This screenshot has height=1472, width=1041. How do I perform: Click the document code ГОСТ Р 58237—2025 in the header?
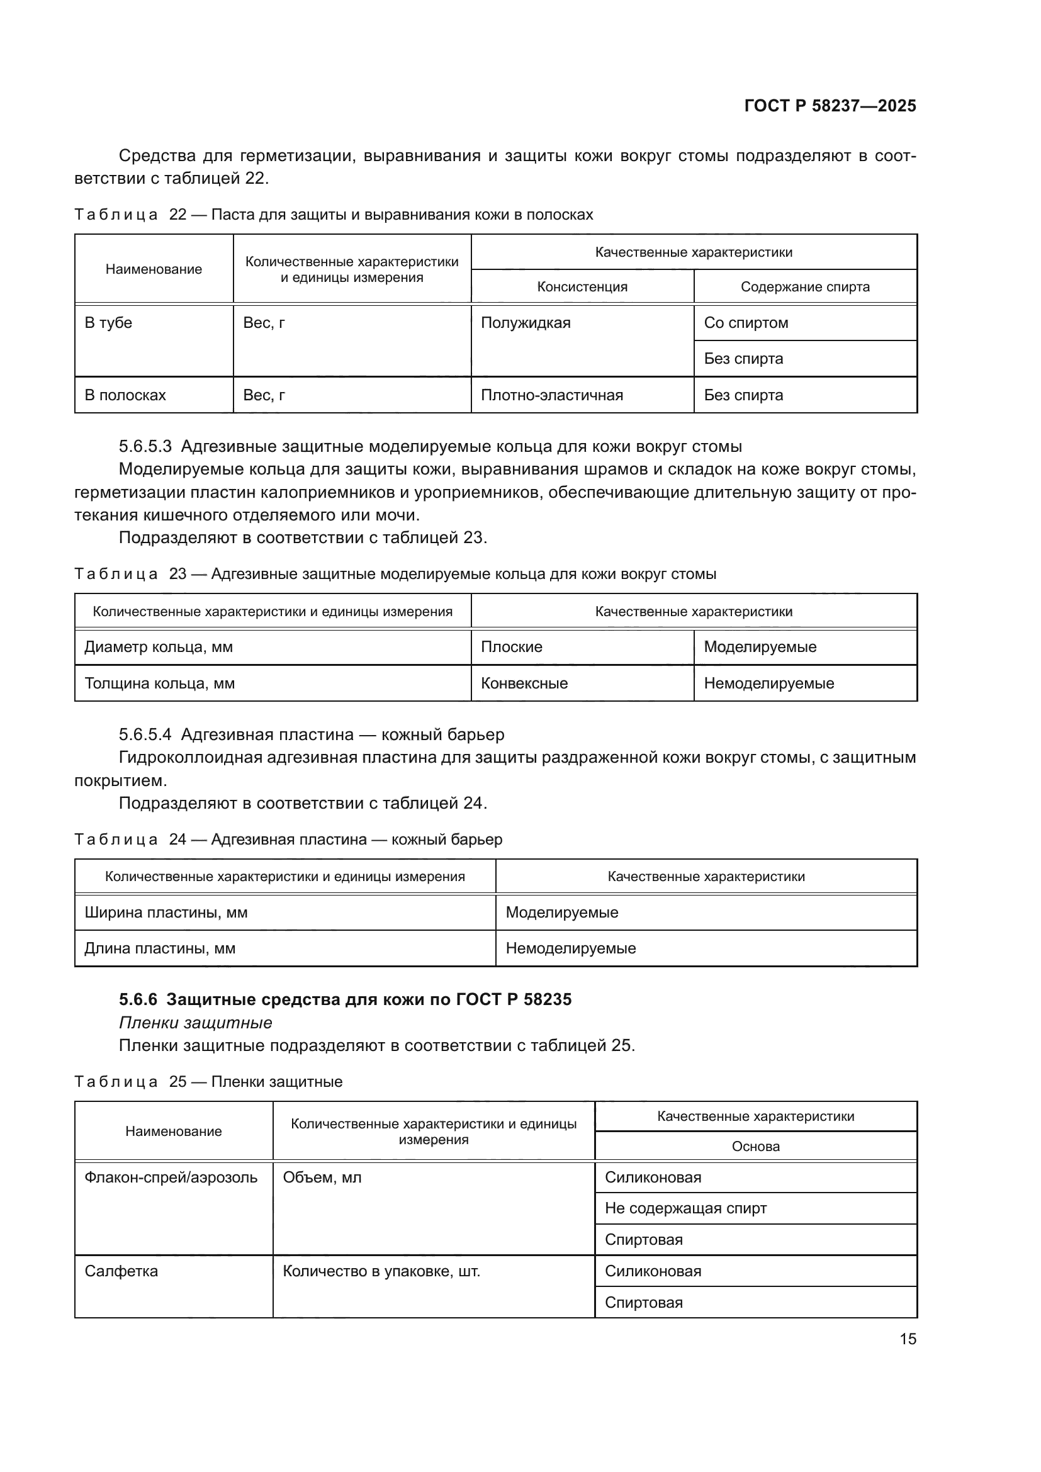(830, 106)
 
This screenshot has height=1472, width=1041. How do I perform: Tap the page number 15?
(908, 1339)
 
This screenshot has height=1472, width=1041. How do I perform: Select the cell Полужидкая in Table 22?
(526, 323)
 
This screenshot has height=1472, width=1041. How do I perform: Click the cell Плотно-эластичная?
(552, 396)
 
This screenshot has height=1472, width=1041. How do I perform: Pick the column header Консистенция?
(582, 287)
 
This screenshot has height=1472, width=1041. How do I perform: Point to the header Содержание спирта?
(805, 287)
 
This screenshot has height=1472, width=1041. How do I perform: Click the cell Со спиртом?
(746, 323)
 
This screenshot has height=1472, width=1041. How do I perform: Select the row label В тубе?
(108, 323)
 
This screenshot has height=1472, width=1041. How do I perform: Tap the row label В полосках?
(125, 396)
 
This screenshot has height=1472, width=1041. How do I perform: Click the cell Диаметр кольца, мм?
(159, 647)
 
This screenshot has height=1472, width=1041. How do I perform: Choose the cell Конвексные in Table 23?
(524, 683)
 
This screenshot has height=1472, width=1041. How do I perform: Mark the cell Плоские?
(512, 647)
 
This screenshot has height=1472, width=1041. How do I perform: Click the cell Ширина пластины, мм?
(166, 913)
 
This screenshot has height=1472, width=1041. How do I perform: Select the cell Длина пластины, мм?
(160, 948)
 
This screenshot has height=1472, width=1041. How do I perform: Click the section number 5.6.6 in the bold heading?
(138, 999)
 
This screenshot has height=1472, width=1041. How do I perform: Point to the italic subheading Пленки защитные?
(196, 1023)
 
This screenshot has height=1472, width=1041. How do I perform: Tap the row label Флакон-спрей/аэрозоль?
(171, 1177)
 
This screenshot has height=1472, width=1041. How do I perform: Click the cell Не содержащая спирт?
(686, 1208)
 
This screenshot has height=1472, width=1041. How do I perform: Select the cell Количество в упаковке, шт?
(381, 1271)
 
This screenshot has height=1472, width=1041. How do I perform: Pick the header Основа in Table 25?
(756, 1146)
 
